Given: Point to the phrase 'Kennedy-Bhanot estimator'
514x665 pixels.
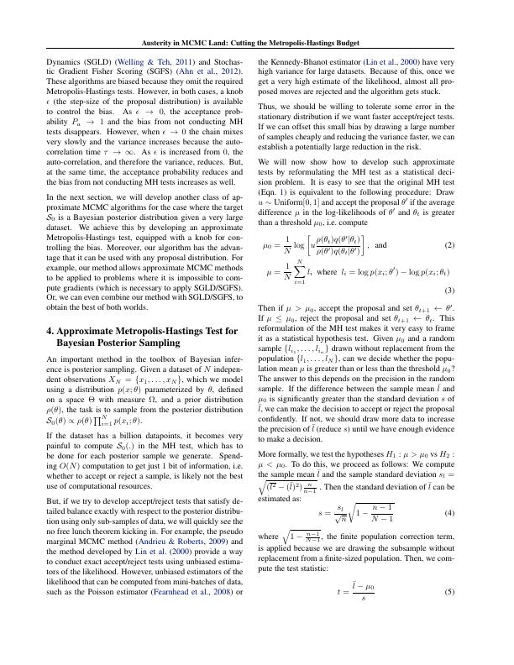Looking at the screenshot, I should pyautogui.click(x=304, y=62).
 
